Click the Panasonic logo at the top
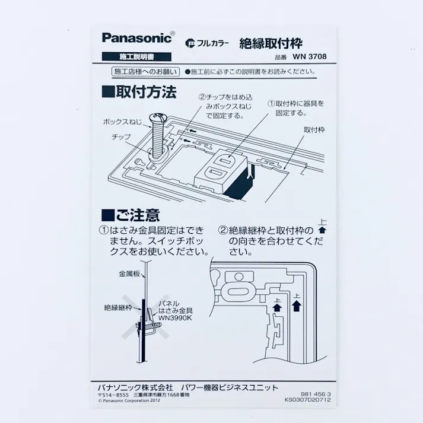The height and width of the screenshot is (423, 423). point(137,38)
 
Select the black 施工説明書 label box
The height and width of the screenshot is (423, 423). point(136,57)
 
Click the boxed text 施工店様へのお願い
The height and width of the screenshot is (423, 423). point(145,72)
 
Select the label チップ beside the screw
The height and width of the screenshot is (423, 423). point(121,137)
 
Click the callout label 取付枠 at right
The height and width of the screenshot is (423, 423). point(314,129)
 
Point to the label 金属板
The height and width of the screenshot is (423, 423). point(129,274)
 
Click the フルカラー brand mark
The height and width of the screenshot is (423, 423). point(206,43)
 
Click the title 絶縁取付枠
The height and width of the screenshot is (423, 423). point(271,43)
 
